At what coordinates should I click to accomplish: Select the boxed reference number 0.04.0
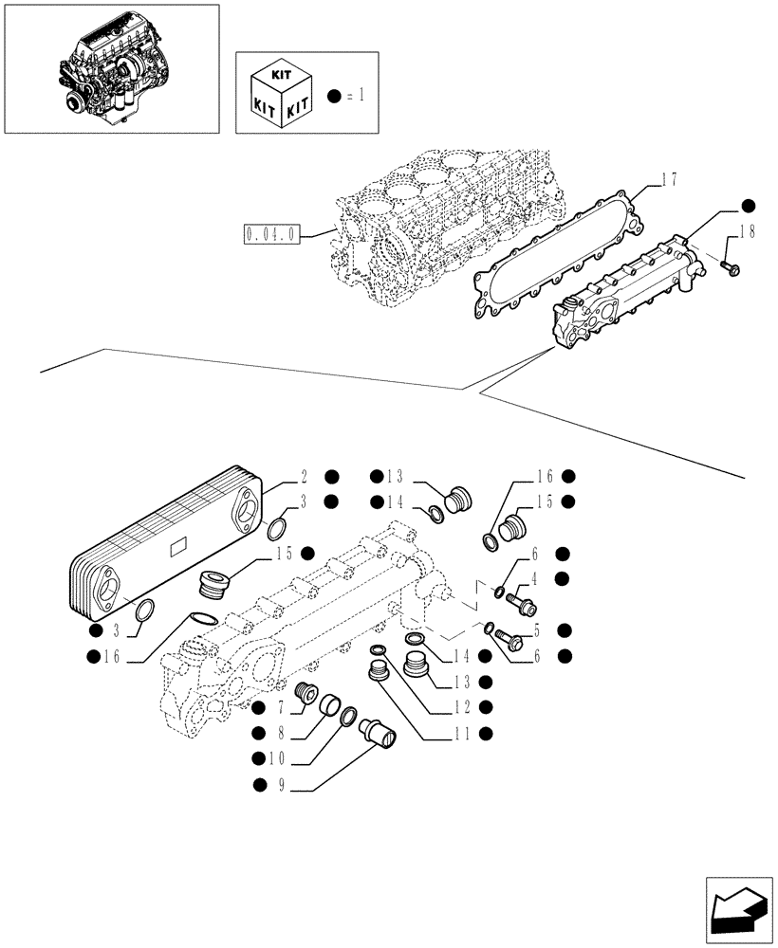pyautogui.click(x=271, y=233)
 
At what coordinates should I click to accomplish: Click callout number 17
pyautogui.click(x=671, y=176)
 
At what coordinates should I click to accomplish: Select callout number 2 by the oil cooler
pyautogui.click(x=304, y=477)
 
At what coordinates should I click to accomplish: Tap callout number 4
pyautogui.click(x=536, y=578)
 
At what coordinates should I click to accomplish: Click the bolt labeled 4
pyautogui.click(x=521, y=601)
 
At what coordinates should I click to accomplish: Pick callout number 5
pyautogui.click(x=536, y=629)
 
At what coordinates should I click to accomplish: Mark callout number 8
pyautogui.click(x=281, y=733)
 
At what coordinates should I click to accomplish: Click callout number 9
pyautogui.click(x=281, y=783)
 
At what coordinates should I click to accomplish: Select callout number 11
pyautogui.click(x=460, y=733)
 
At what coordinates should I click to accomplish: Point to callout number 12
pyautogui.click(x=460, y=706)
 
